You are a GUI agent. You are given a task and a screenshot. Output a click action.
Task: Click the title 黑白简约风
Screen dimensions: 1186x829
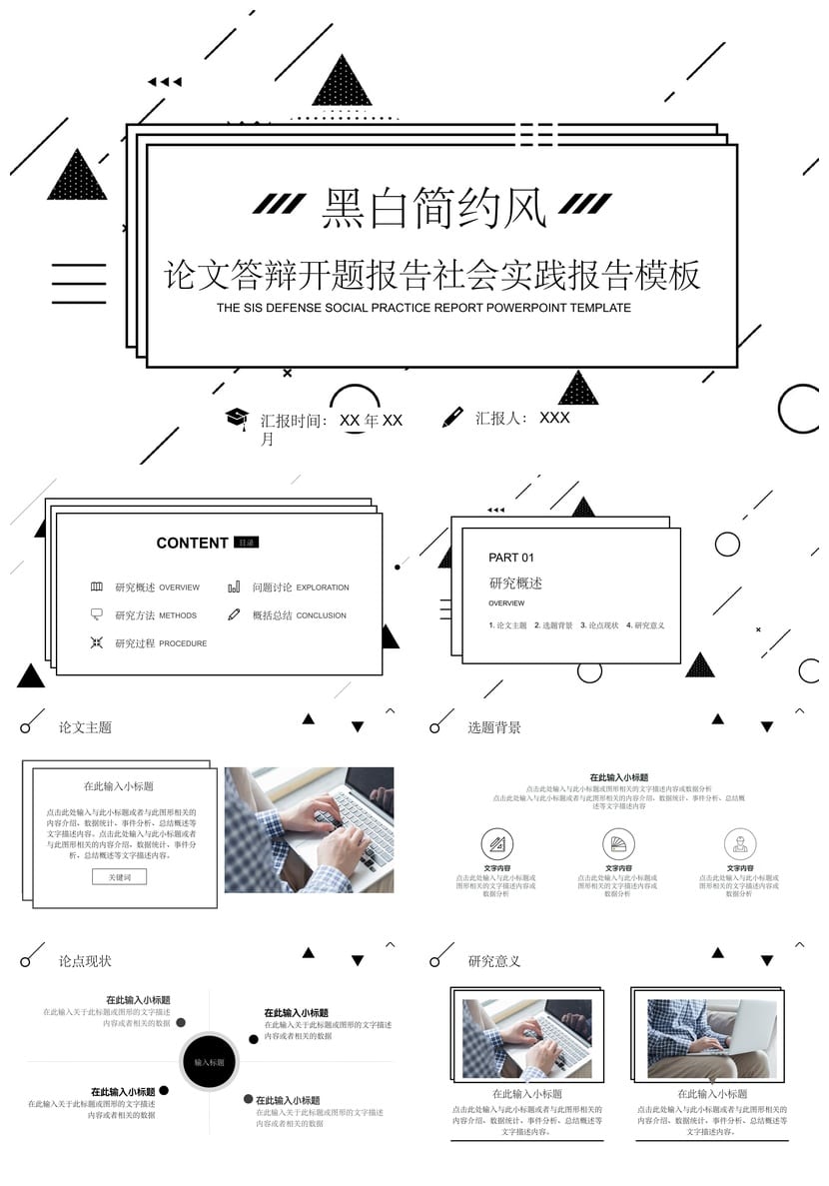tap(433, 209)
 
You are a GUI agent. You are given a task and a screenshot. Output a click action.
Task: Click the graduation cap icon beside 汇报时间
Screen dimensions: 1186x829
tap(236, 418)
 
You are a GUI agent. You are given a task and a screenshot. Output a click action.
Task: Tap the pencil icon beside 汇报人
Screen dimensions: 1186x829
tap(453, 417)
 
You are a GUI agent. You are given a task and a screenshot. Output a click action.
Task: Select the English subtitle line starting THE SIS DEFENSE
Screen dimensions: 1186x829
tap(423, 308)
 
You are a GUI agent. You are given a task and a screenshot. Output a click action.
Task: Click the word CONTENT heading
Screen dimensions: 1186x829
tap(192, 544)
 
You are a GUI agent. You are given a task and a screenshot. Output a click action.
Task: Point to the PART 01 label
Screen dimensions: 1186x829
tap(511, 558)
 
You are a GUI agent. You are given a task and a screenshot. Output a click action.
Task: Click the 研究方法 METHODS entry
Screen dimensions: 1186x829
tap(156, 615)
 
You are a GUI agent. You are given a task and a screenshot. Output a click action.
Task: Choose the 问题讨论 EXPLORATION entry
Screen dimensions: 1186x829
tap(301, 588)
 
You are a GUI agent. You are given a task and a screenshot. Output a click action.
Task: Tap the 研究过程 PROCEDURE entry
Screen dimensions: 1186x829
tap(161, 643)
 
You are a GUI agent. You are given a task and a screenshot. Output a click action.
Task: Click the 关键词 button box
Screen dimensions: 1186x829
tap(119, 876)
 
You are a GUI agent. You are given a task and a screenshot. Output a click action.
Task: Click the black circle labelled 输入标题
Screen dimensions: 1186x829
tap(209, 1062)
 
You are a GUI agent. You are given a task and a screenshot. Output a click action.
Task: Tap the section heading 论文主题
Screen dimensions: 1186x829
tap(85, 727)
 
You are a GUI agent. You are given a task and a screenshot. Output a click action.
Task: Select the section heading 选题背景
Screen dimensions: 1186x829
tap(494, 727)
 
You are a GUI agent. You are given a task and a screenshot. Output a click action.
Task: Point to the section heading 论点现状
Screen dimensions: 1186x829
tap(85, 961)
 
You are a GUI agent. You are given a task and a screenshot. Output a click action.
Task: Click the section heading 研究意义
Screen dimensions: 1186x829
tap(494, 961)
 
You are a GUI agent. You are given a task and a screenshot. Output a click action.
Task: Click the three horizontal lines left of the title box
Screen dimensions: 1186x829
tap(78, 283)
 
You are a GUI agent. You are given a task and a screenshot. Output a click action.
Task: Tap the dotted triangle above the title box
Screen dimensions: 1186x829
tap(342, 83)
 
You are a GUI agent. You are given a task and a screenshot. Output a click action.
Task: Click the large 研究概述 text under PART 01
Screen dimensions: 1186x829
tap(515, 584)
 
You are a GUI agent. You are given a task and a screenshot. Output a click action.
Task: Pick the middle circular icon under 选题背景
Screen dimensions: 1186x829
tap(618, 842)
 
